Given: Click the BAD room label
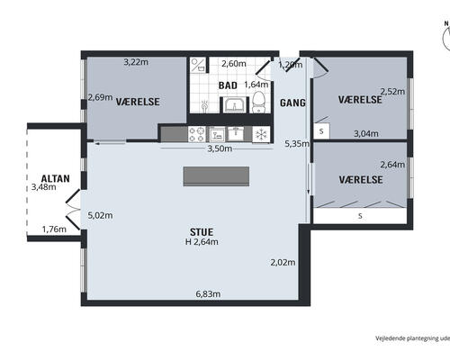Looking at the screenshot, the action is point(228,85).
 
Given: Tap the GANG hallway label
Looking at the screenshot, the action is point(292,103).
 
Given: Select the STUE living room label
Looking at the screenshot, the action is point(202,232).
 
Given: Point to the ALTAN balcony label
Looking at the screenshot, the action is point(56,179).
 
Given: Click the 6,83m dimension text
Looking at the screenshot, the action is point(208,294).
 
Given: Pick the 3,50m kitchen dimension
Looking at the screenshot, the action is point(220,148).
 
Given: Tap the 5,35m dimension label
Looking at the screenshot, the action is point(297,144).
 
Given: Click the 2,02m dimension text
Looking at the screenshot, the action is point(283,263).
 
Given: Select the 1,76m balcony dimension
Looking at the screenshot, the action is point(54,229).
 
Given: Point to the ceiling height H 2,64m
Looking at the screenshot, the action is point(202,242).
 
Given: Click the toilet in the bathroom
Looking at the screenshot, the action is point(258,102).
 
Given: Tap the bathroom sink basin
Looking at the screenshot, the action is point(235,105).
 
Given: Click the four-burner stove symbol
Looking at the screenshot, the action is point(196,134).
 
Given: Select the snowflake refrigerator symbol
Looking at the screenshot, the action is point(261,134).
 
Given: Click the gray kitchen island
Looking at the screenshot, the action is point(216,176).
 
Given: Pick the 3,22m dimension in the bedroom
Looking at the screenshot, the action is point(136,62).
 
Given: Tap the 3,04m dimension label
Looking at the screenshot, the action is point(366,134).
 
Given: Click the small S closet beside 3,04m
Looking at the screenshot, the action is point(321,131).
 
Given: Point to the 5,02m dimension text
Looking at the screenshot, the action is point(100,215).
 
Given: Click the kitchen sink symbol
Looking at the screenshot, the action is point(236,133).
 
